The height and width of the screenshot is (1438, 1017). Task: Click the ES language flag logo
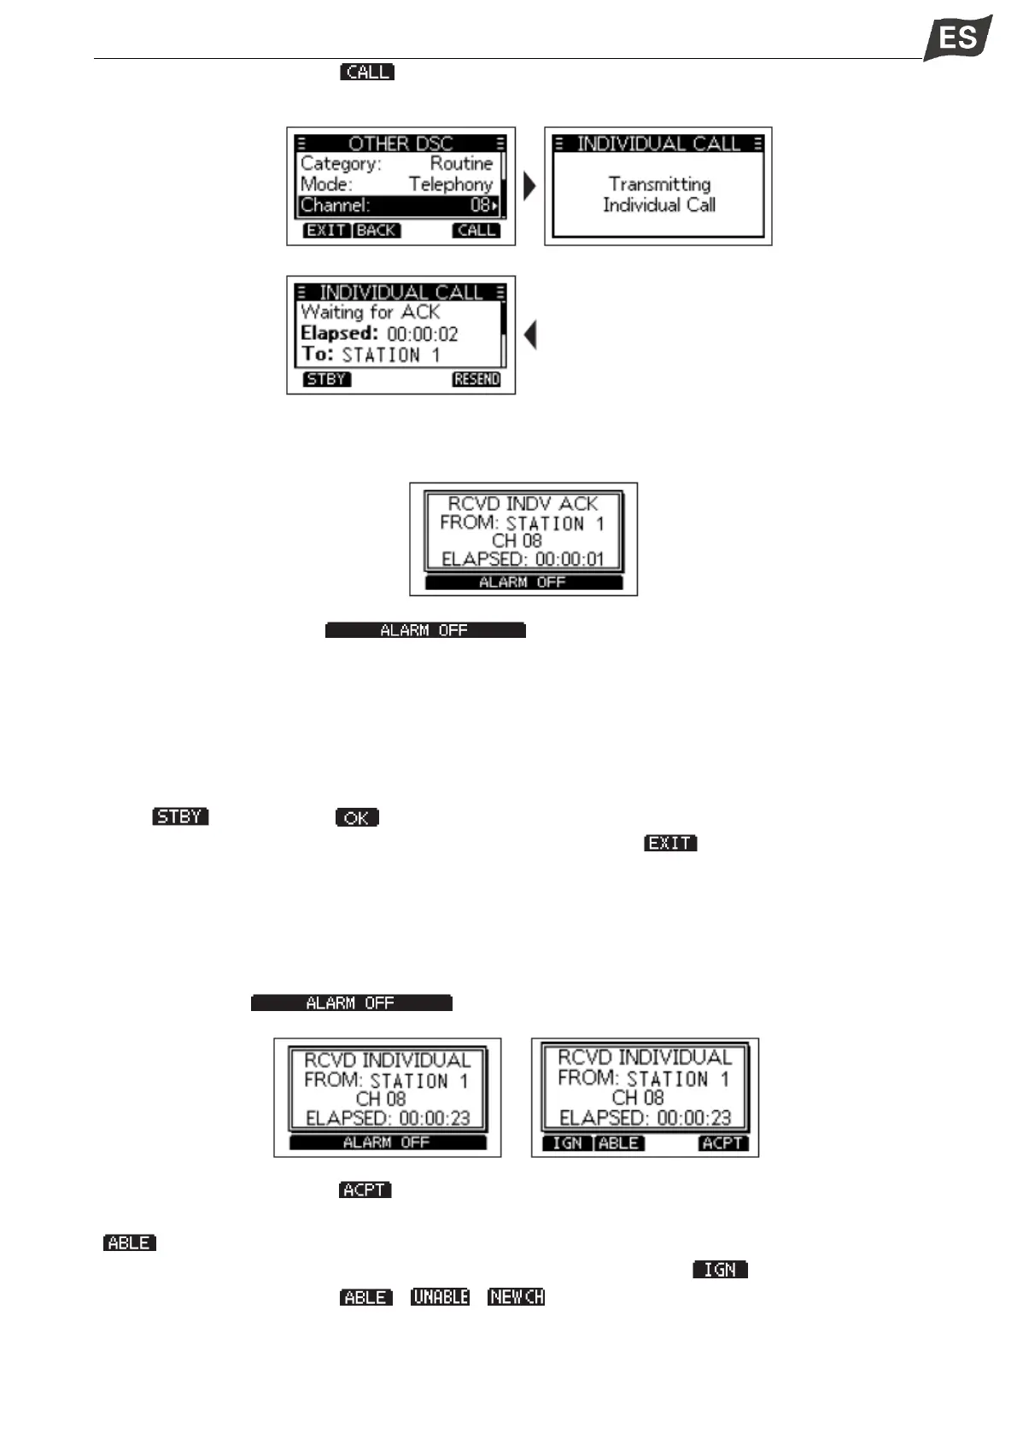957,38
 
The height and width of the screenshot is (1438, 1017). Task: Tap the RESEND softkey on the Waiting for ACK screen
476,379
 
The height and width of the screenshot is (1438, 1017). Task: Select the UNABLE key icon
440,1297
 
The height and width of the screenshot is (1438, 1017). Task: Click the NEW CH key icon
516,1297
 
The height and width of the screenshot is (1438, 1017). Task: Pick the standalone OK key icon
357,817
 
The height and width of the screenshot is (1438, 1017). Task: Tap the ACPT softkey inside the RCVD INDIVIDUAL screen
722,1143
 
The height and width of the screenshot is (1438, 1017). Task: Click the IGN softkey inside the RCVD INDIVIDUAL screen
567,1143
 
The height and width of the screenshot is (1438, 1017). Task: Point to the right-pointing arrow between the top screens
529,186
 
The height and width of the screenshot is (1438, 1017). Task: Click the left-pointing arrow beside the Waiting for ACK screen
530,335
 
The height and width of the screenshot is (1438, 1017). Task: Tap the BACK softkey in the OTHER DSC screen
377,231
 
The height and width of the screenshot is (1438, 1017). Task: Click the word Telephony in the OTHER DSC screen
451,184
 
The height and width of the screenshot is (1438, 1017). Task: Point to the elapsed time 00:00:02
423,334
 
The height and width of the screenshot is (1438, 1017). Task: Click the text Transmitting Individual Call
659,195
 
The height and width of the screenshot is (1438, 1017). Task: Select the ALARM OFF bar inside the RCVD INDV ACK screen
523,582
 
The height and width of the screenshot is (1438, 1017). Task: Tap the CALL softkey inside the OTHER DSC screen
476,231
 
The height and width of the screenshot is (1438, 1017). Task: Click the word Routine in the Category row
461,163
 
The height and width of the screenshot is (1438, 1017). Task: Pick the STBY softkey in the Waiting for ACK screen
326,379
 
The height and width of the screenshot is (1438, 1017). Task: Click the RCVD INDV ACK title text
523,504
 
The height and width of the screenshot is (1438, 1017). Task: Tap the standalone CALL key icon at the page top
367,73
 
